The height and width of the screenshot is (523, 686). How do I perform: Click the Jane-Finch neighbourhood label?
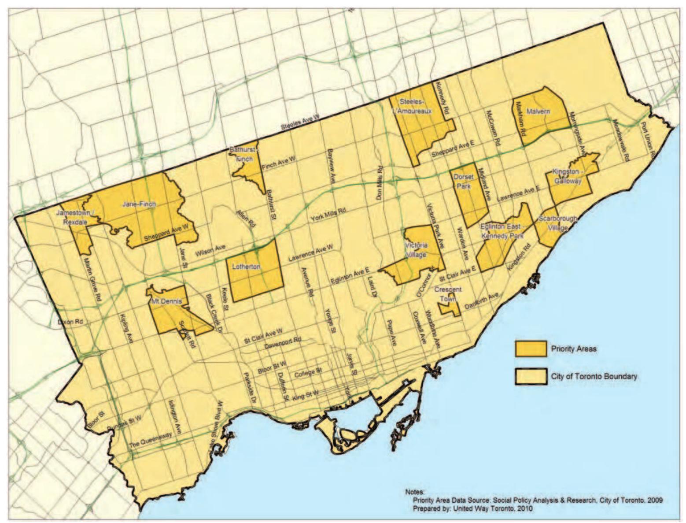(139, 204)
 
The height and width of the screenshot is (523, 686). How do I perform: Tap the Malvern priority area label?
(538, 111)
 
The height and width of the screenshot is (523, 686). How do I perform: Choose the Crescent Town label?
(448, 294)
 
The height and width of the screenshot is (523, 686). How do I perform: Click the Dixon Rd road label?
(70, 322)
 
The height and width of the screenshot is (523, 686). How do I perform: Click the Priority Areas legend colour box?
(530, 349)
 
